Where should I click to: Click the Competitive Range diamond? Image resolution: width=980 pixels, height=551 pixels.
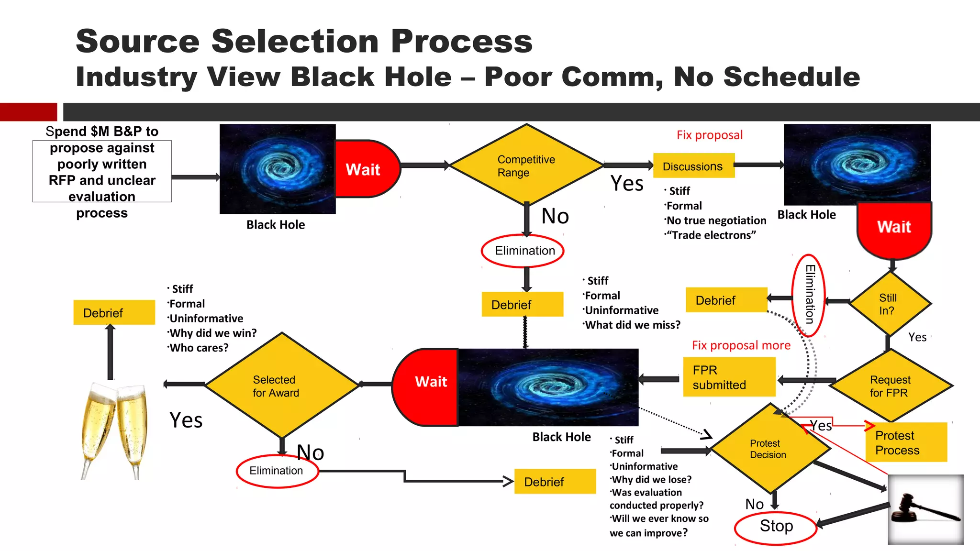point(526,165)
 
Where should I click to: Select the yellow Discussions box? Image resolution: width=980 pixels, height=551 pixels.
point(693,166)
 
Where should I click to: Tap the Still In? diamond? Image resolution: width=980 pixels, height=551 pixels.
point(890,304)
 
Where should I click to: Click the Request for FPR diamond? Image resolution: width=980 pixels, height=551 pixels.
point(891,386)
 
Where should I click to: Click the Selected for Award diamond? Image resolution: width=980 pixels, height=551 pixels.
point(282,386)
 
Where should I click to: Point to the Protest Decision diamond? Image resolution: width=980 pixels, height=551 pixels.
point(770,449)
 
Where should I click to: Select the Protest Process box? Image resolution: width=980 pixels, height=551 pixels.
point(906,442)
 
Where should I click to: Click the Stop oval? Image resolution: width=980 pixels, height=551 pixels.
point(776,527)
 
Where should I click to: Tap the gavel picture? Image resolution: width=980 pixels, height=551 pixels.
point(925,510)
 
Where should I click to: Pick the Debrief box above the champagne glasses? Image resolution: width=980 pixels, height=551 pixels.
point(114,313)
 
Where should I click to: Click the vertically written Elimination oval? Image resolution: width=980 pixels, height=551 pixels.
point(809,295)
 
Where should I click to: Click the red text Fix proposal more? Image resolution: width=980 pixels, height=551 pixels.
point(741,345)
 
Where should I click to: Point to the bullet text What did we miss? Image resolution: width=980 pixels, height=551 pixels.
point(633,325)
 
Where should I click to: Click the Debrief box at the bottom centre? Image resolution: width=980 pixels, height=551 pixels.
point(555,482)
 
